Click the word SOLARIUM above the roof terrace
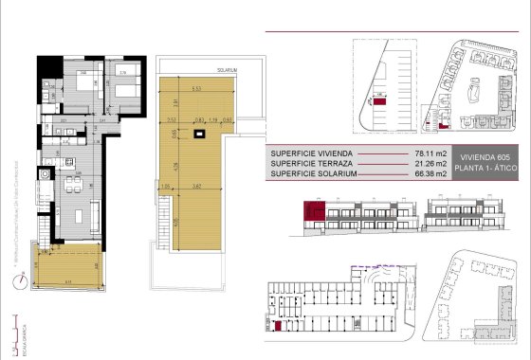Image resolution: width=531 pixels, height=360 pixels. (226, 70)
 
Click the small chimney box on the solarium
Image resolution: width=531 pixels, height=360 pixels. (198, 135)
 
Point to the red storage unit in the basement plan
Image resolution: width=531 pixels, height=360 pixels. (277, 326)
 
